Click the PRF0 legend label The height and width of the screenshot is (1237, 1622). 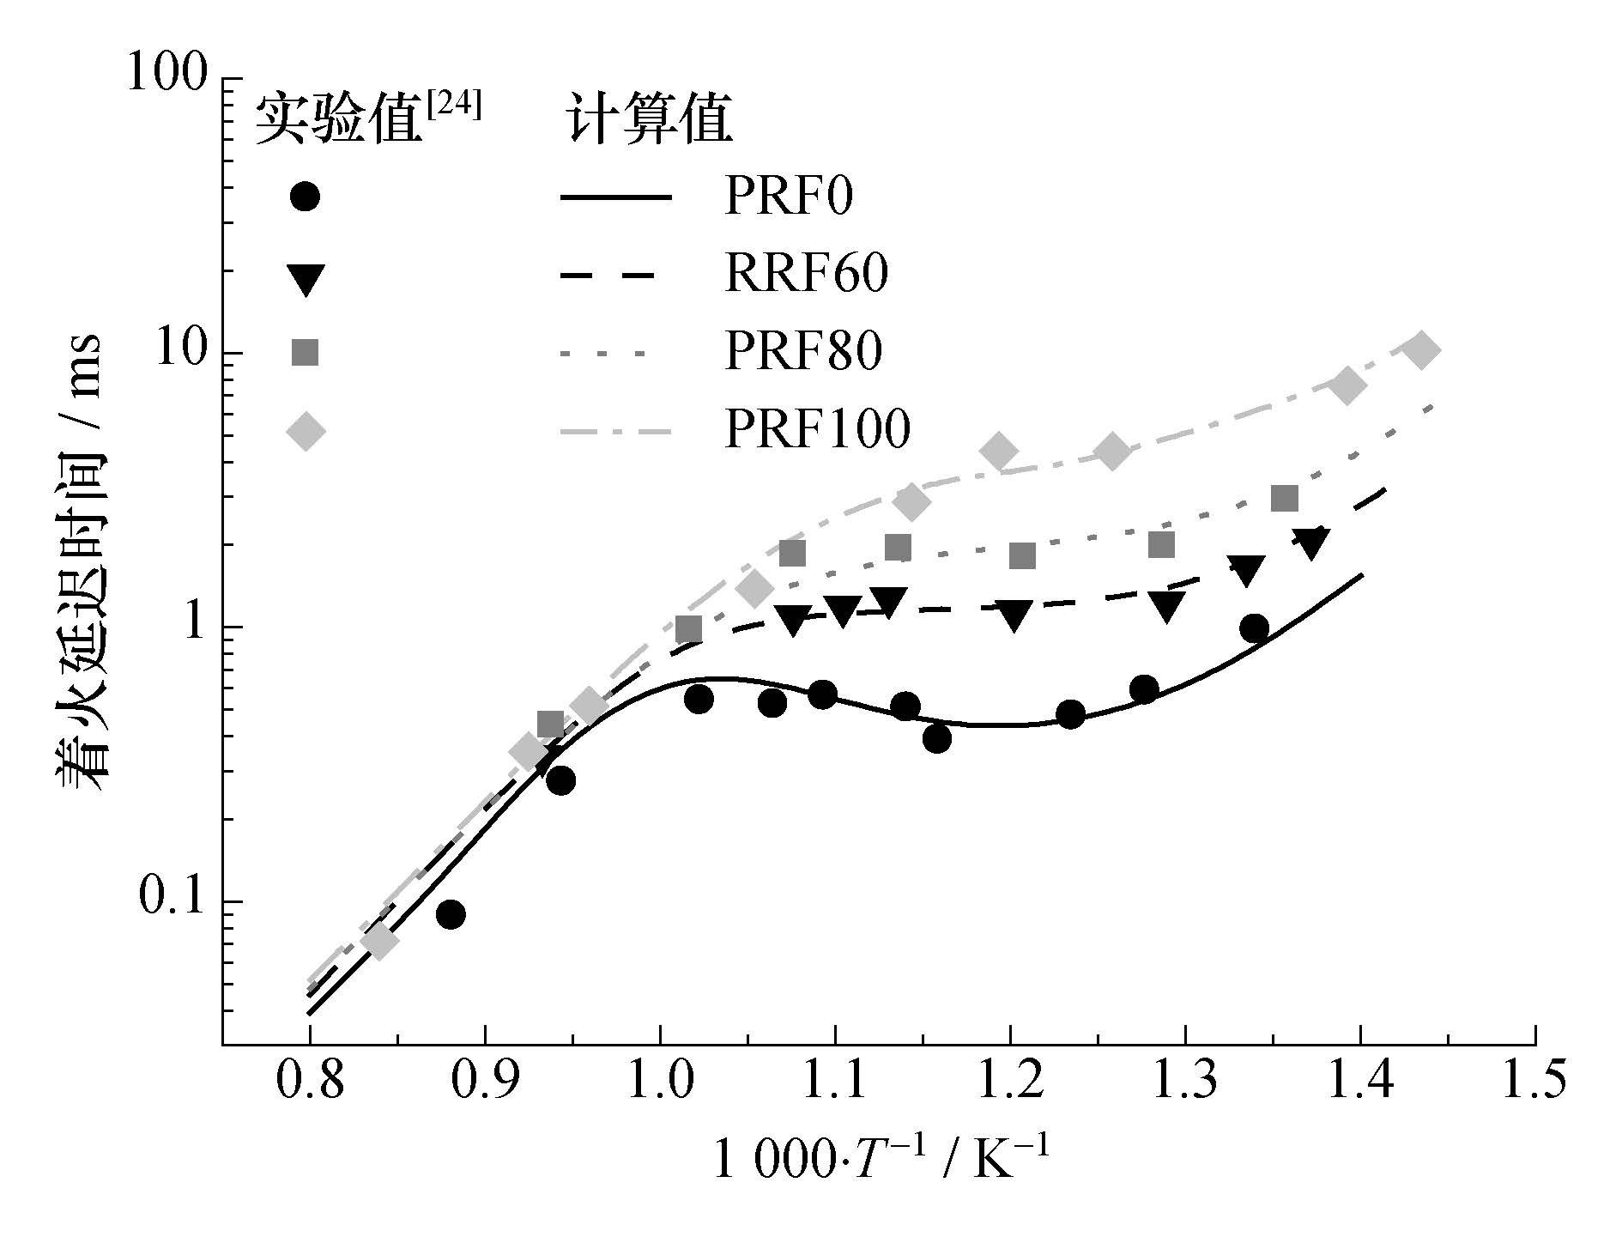click(x=789, y=197)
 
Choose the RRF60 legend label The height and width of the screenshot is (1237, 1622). click(x=806, y=275)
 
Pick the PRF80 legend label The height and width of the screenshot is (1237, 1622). click(x=803, y=352)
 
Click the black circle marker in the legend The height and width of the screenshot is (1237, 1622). click(x=305, y=197)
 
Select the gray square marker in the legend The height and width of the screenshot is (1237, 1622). click(x=305, y=352)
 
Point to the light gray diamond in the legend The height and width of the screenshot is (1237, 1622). click(x=306, y=430)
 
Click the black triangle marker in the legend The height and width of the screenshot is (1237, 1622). click(x=306, y=277)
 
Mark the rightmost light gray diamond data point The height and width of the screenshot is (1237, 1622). click(x=1420, y=350)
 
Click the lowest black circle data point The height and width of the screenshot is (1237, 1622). click(x=451, y=915)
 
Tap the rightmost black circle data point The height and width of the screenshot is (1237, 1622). click(x=1254, y=628)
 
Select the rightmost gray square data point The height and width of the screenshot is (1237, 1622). click(x=1284, y=498)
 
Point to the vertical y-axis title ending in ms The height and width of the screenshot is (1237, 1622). click(x=78, y=563)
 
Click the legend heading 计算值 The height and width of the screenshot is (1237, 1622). click(x=649, y=120)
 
